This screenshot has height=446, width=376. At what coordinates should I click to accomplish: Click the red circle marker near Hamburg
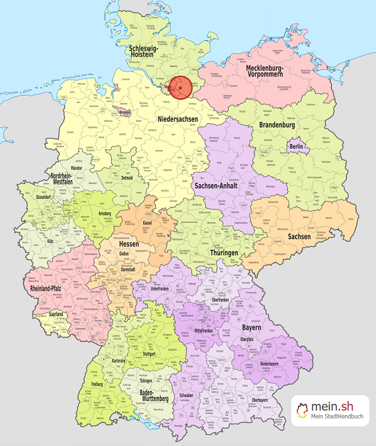(x=179, y=87)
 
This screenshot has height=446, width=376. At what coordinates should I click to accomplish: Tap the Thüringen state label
(x=223, y=252)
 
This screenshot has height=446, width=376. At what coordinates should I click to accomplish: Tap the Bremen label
(x=124, y=113)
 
